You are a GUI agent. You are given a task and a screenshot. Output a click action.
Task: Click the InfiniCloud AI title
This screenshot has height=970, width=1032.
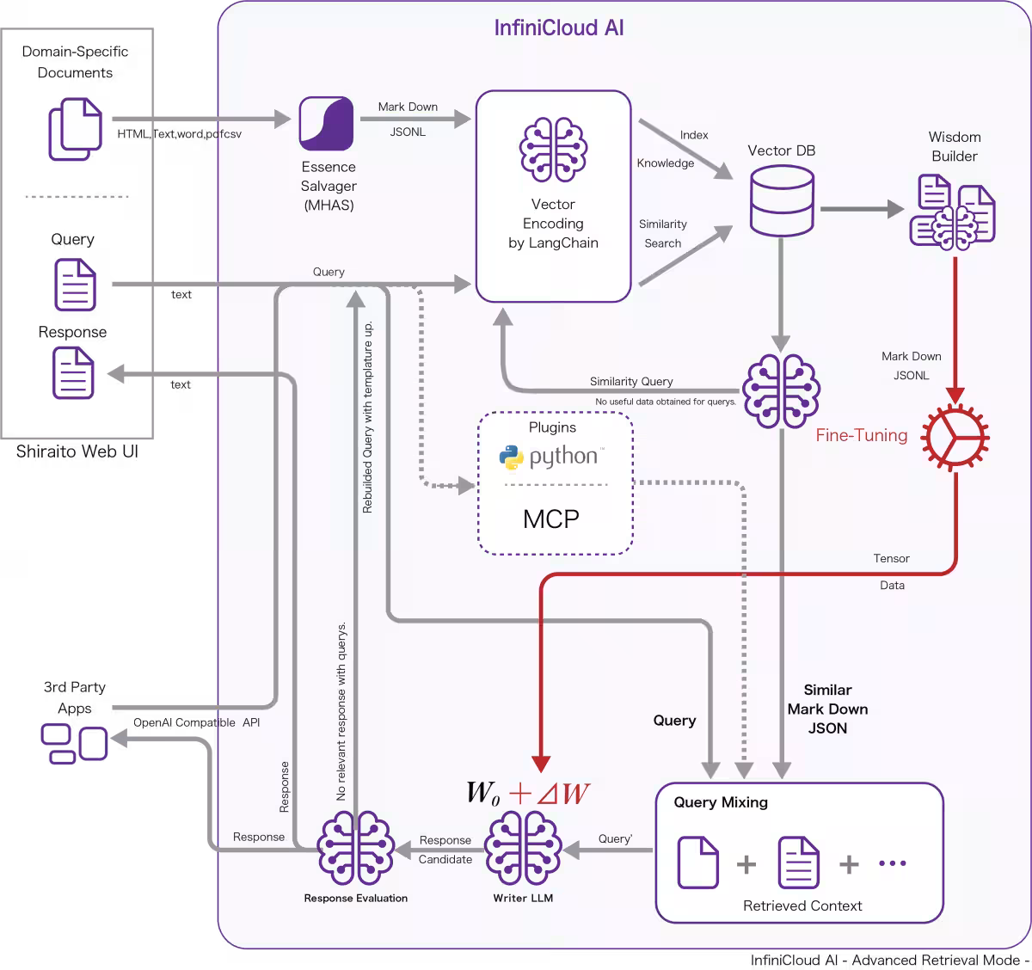559,28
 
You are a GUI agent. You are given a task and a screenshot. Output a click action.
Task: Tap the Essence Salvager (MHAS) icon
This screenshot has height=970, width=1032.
326,123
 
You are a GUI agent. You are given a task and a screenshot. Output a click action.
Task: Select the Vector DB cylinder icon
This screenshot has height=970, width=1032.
782,200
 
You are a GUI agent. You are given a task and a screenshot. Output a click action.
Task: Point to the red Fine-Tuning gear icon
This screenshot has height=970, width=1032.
955,437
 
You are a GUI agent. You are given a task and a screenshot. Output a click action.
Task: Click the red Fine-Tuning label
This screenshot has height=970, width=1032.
861,435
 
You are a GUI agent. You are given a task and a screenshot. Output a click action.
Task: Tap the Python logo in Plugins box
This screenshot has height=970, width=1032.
512,457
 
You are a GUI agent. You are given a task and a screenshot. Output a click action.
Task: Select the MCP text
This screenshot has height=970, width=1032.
551,519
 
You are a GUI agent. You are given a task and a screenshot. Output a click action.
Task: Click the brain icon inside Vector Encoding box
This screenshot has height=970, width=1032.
553,150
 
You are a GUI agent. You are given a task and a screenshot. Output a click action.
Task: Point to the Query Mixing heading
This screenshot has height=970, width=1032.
721,802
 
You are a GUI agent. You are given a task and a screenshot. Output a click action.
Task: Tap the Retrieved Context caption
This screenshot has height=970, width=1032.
802,906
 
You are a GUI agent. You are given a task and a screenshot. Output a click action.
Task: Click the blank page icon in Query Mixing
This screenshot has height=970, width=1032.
697,862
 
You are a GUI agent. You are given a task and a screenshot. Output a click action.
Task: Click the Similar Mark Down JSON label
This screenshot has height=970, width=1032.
827,709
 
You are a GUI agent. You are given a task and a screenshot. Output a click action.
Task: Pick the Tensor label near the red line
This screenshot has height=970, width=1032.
891,558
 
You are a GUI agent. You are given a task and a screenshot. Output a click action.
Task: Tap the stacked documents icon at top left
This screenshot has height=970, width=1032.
76,129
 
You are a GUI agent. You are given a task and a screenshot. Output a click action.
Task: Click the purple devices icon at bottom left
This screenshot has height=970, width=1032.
75,743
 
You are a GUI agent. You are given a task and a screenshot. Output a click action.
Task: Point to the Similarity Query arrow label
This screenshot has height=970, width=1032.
631,381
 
